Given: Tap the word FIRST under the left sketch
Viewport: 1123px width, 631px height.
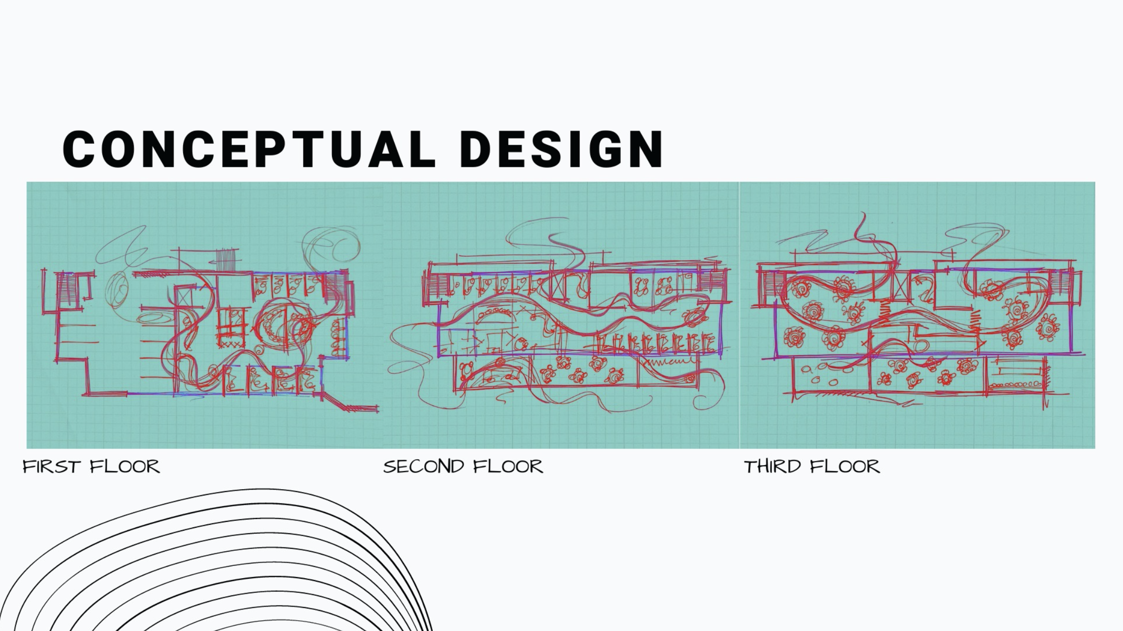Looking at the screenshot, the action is tap(51, 467).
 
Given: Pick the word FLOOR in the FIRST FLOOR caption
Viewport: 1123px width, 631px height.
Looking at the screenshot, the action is tap(125, 467).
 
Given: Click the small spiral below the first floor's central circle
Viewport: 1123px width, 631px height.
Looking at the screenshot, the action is tap(259, 350).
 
